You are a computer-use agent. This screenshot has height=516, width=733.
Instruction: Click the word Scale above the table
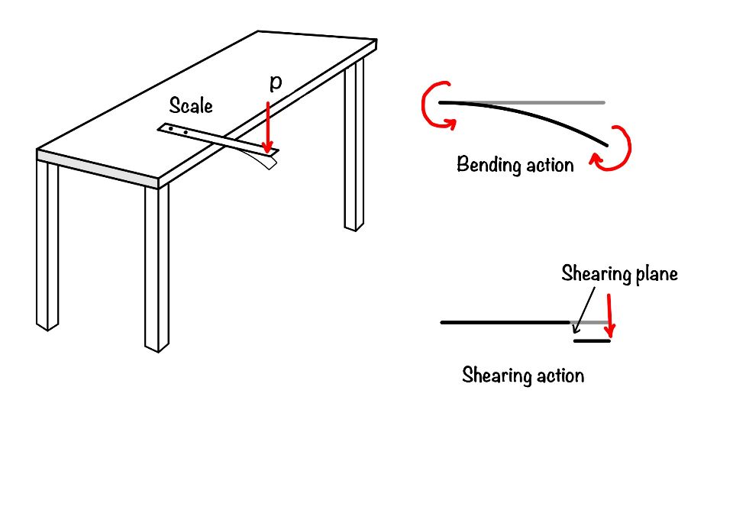[191, 105]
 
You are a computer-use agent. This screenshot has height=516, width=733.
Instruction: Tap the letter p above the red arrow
[276, 82]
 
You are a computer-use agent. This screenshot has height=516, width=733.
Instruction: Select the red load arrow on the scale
[267, 127]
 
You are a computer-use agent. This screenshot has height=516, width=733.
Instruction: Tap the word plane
[655, 274]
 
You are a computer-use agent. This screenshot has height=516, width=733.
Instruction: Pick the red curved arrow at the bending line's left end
[437, 105]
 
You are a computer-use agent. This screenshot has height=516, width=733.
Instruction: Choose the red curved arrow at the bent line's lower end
[613, 148]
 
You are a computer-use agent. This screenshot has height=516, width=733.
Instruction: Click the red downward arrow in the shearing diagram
[609, 315]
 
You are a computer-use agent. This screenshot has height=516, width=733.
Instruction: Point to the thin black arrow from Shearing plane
[584, 311]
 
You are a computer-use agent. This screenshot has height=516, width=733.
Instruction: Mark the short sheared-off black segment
[592, 340]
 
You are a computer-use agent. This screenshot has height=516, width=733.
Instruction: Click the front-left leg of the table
[47, 245]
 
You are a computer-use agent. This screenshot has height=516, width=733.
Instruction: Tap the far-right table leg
[354, 145]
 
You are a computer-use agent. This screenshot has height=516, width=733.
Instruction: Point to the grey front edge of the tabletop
[97, 169]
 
